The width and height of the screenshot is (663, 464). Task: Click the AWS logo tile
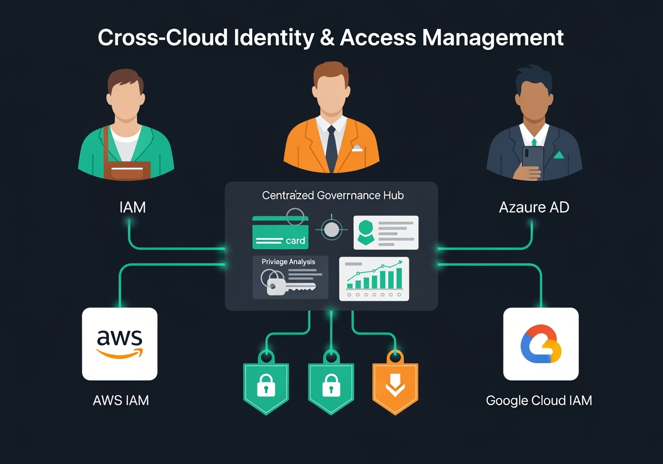click(120, 344)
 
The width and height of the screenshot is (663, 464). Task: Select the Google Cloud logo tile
click(541, 344)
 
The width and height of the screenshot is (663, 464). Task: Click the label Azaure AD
click(534, 208)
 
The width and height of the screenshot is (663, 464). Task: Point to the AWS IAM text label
click(121, 400)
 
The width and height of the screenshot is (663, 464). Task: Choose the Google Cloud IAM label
click(539, 400)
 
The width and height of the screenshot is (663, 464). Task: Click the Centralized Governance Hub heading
click(333, 195)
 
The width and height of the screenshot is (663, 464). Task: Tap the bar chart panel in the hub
click(374, 278)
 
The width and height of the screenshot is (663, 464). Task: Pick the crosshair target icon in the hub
click(331, 228)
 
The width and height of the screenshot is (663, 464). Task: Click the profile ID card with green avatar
click(386, 233)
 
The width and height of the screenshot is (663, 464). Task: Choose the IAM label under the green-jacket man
click(132, 208)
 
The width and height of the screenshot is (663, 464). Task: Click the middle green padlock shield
click(330, 386)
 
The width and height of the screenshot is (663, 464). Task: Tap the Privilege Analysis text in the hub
click(289, 262)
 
